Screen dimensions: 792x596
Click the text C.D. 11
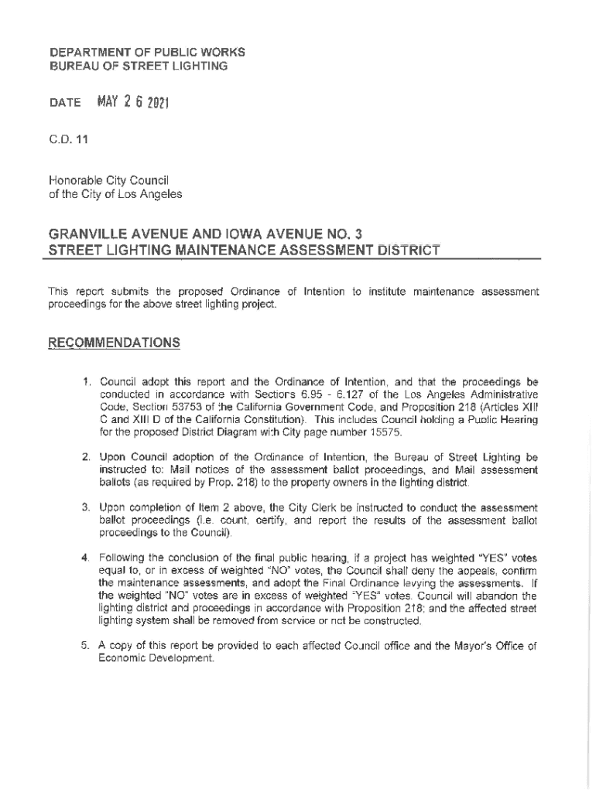point(67,139)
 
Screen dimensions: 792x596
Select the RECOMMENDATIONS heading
point(115,342)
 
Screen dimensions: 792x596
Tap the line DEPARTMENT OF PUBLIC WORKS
point(147,53)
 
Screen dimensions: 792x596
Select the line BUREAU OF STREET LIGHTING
point(139,66)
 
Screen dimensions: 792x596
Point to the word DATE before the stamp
point(64,104)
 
